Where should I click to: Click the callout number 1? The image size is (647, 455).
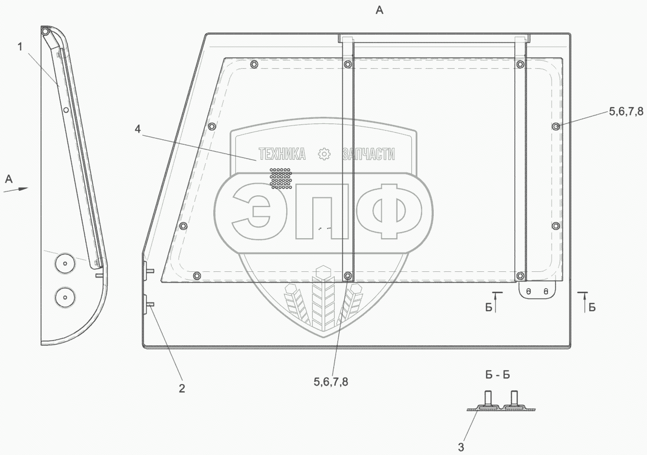pos(20,47)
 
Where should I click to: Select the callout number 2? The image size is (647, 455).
pos(182,388)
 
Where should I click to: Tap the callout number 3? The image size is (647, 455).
pos(461,447)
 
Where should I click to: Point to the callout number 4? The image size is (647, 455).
pos(138,129)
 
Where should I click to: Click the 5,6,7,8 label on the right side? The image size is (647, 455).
pos(626,111)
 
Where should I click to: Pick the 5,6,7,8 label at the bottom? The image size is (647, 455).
pos(331,382)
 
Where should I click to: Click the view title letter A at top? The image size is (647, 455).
pos(379,10)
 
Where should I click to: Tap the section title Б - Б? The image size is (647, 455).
pos(497,375)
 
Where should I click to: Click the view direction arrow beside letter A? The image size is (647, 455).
pos(16,189)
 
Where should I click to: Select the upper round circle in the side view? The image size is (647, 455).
pos(65,263)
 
